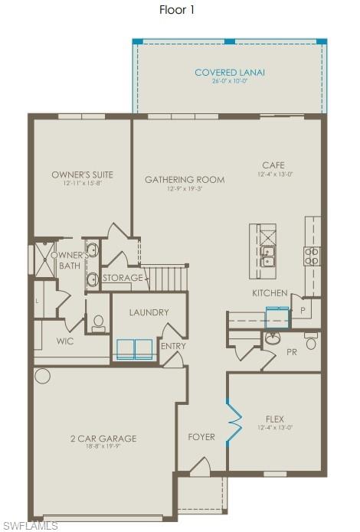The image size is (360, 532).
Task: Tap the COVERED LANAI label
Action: [x=230, y=73]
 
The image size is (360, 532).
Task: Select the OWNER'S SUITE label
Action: [x=82, y=175]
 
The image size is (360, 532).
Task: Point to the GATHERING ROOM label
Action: [x=185, y=180]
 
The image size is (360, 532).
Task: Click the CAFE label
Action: [x=274, y=165]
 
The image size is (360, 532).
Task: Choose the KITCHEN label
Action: [x=270, y=293]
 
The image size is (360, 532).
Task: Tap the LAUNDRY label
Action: [x=149, y=312]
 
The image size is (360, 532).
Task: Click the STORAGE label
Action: [x=123, y=278]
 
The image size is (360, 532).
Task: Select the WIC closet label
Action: [x=65, y=341]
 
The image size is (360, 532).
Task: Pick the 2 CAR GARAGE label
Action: [x=103, y=439]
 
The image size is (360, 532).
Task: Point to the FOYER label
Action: [x=201, y=437]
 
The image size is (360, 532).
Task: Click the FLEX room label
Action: [x=275, y=419]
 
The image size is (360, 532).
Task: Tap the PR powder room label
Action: [x=291, y=353]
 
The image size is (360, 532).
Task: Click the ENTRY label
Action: [x=173, y=346]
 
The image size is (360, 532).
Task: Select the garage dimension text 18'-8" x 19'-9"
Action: [x=103, y=447]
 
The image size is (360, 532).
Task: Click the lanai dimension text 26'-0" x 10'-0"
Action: [x=230, y=81]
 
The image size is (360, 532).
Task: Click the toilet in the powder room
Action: [x=311, y=342]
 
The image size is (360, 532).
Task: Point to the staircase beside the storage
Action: [x=168, y=277]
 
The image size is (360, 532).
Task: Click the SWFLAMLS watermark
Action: [x=30, y=525]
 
